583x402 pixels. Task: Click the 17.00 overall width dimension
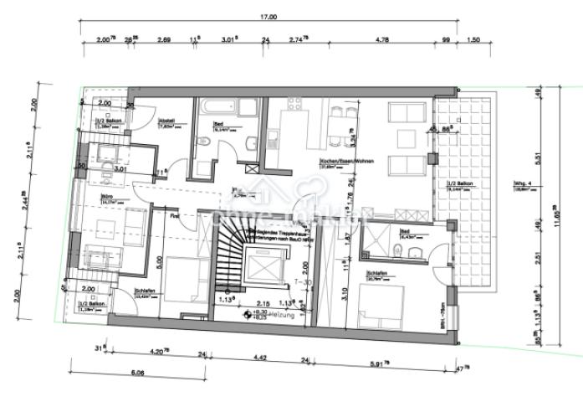(268, 17)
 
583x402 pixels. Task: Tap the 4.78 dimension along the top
(382, 39)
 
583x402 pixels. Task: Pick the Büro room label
(107, 198)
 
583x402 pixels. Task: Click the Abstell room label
(166, 121)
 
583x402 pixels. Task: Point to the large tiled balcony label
(462, 183)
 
